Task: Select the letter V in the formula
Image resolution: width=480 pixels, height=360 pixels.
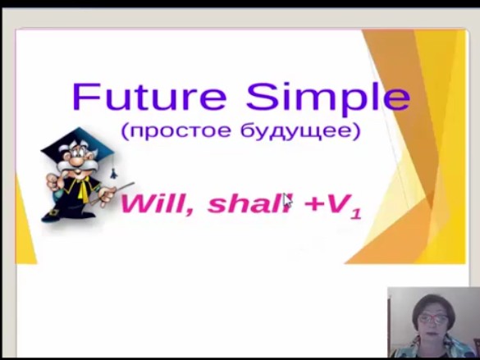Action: (337, 203)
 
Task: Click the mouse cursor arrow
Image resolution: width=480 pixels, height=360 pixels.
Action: (287, 200)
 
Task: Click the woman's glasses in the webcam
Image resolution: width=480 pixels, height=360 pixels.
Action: (433, 318)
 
